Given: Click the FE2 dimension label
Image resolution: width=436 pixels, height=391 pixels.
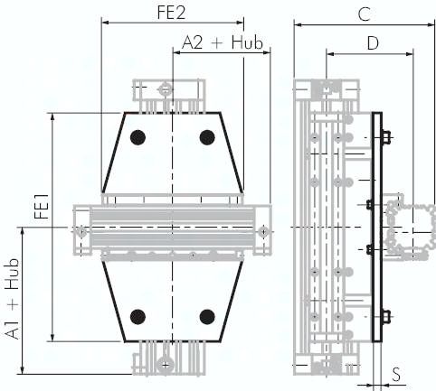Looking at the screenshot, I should point(171,12).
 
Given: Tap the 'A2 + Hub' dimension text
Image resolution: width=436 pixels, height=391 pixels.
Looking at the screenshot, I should point(222,42).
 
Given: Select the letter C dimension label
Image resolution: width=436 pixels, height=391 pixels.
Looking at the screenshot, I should point(364,14).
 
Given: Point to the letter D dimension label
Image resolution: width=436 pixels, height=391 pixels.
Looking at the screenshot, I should point(372,42).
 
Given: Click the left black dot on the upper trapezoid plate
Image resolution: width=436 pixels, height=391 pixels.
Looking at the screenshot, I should point(137,137).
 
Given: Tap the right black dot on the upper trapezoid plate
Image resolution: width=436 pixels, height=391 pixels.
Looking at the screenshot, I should point(207,137).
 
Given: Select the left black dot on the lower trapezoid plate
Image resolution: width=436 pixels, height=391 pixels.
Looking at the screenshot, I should point(137,316).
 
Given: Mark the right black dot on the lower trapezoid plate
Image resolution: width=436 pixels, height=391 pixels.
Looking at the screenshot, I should point(207,316).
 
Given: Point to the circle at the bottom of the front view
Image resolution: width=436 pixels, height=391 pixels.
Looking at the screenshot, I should point(165,365).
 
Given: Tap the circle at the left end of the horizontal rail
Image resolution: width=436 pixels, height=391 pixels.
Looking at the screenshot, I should point(81,233).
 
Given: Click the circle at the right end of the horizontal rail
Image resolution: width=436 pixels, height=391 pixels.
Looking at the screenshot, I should point(262,232).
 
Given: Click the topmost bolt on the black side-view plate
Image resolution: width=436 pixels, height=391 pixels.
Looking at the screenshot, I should point(386,137).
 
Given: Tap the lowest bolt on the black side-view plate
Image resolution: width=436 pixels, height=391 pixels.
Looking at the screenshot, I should point(386,316).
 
